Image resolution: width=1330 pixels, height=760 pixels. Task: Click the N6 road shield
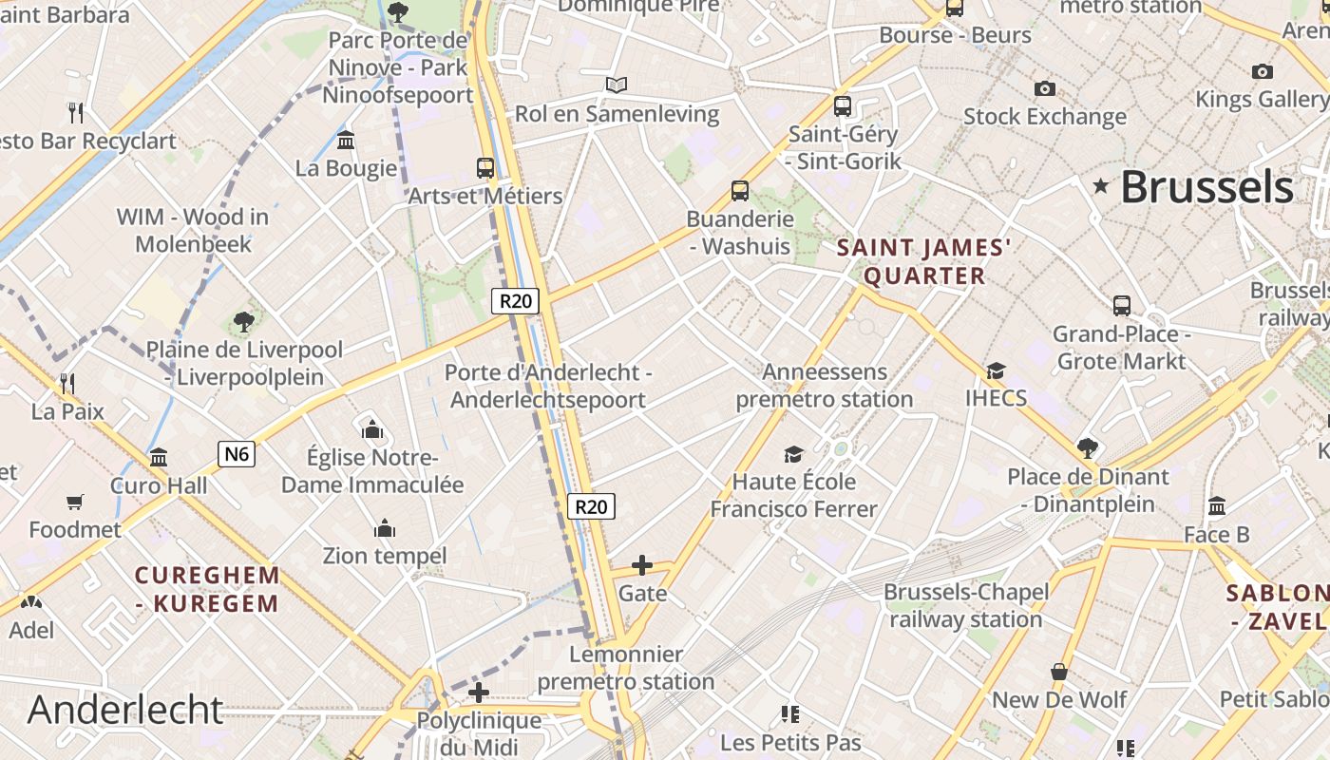pyautogui.click(x=237, y=454)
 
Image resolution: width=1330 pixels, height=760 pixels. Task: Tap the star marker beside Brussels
pyautogui.click(x=1101, y=186)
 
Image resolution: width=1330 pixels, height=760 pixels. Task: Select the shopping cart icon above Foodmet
pyautogui.click(x=75, y=502)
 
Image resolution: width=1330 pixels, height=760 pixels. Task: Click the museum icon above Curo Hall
pyautogui.click(x=159, y=458)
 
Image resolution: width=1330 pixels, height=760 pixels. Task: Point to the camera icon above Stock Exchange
pyautogui.click(x=1045, y=89)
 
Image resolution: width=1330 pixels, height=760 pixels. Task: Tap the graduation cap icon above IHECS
pyautogui.click(x=996, y=370)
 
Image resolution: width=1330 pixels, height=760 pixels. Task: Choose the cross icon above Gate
pyautogui.click(x=642, y=566)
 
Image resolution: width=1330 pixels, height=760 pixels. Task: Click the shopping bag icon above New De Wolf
pyautogui.click(x=1059, y=673)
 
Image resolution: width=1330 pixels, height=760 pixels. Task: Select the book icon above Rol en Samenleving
pyautogui.click(x=617, y=85)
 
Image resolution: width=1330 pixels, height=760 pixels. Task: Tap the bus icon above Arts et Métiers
pyautogui.click(x=485, y=168)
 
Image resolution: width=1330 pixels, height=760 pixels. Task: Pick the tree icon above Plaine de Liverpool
pyautogui.click(x=244, y=322)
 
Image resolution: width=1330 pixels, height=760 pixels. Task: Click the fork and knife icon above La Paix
pyautogui.click(x=67, y=384)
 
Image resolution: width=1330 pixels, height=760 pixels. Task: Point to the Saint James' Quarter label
pyautogui.click(x=923, y=262)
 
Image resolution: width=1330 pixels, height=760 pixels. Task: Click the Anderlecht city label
pyautogui.click(x=125, y=710)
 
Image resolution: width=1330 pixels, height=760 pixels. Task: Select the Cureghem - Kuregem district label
pyautogui.click(x=207, y=589)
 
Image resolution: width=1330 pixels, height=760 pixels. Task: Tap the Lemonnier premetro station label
pyautogui.click(x=626, y=667)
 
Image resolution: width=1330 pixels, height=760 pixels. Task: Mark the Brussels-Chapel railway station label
pyautogui.click(x=966, y=605)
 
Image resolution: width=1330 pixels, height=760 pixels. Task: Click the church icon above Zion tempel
pyautogui.click(x=385, y=528)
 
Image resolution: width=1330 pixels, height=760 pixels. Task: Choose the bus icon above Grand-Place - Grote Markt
pyautogui.click(x=1122, y=306)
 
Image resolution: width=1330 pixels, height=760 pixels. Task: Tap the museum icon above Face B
pyautogui.click(x=1217, y=506)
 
